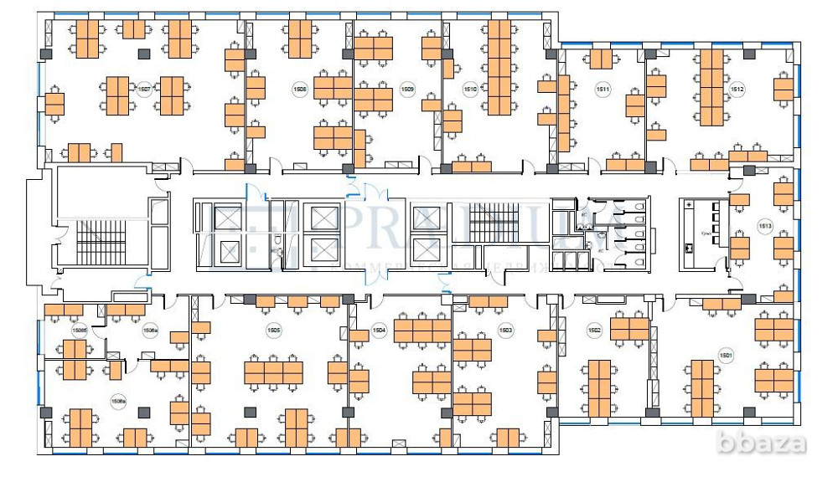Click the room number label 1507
144,89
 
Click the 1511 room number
602,88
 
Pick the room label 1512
737,88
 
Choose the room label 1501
726,355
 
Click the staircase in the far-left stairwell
99,242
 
